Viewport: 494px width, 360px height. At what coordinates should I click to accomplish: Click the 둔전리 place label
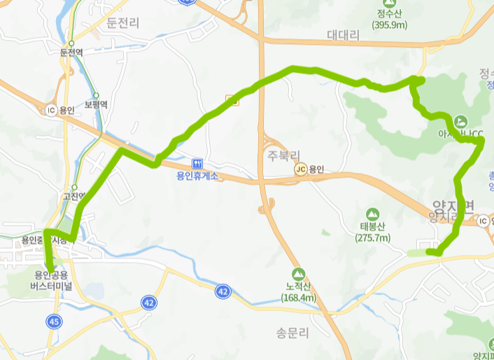(x=123, y=23)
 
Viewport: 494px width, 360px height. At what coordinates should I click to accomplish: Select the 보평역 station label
(x=96, y=104)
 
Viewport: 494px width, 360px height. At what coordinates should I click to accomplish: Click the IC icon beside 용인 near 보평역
(x=50, y=110)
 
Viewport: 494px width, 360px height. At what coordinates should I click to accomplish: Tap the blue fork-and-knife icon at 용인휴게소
(x=196, y=162)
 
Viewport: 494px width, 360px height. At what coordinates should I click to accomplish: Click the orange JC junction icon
(x=301, y=169)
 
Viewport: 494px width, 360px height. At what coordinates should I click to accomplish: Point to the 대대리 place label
(x=342, y=34)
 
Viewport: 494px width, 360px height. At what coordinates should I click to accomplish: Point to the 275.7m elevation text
(x=374, y=238)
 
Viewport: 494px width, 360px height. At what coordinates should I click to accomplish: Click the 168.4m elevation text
(x=299, y=298)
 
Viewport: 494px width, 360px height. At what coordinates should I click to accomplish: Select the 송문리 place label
(x=292, y=333)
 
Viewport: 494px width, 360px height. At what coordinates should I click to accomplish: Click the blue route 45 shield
(x=54, y=321)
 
